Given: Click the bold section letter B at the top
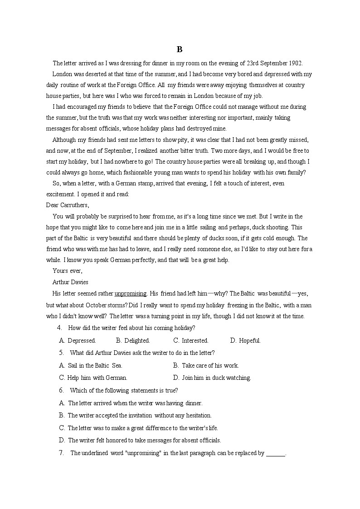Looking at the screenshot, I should [180, 50].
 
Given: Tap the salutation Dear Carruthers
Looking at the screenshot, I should [68, 205].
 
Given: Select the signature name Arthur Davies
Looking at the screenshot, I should [70, 282].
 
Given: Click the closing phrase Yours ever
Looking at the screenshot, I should [68, 271].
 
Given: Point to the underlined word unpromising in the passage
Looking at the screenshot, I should [130, 293].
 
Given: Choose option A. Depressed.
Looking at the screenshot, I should [78, 340].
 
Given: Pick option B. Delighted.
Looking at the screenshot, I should [133, 340].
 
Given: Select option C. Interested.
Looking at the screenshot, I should [191, 340].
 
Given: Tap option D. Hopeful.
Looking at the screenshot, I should [245, 340].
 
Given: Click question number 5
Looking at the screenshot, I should [61, 353].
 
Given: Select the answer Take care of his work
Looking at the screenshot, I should [206, 365].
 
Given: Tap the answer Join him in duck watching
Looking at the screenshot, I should [212, 378].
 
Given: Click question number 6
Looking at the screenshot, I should [61, 390].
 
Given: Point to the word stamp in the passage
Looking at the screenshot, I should [146, 184].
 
